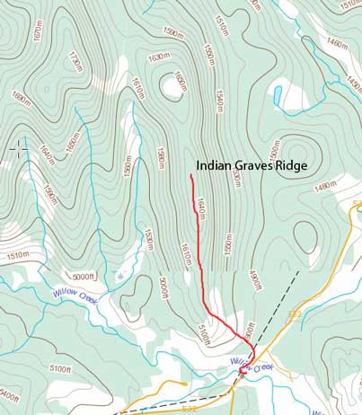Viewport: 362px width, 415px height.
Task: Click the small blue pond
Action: [278, 93]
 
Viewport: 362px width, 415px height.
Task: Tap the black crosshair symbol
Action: [19, 147]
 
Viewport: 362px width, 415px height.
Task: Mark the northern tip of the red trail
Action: [191, 176]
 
